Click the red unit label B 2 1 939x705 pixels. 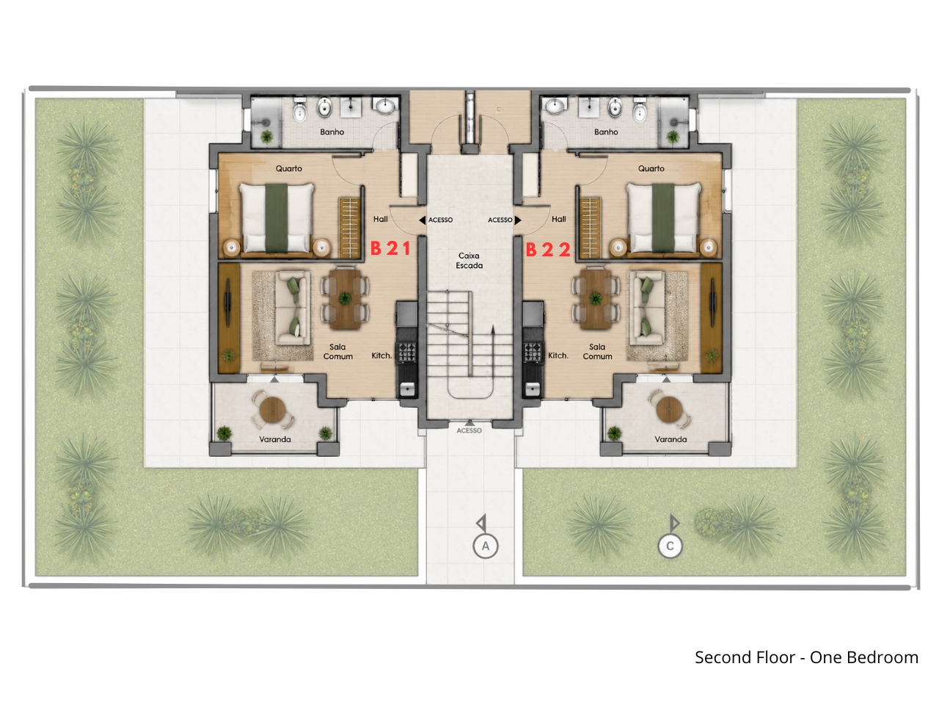(x=390, y=248)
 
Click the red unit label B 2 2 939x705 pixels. (x=548, y=250)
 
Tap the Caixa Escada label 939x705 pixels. (x=469, y=260)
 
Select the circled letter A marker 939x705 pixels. (x=485, y=546)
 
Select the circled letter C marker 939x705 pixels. (x=670, y=546)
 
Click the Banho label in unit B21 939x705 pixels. (x=332, y=132)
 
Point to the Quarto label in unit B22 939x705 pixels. (x=651, y=169)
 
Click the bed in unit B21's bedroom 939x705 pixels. (x=277, y=218)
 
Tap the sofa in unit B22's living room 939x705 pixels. (x=646, y=308)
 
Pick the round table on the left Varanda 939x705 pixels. (x=272, y=410)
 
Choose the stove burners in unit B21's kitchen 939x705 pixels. (x=406, y=352)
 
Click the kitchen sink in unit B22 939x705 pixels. (x=532, y=389)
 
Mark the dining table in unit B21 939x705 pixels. (x=345, y=298)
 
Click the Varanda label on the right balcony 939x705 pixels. (x=671, y=439)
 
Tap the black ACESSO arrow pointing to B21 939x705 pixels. (x=423, y=220)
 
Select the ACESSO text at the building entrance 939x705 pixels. (x=469, y=430)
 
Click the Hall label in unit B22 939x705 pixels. (x=559, y=219)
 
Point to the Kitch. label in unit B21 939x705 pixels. (x=381, y=355)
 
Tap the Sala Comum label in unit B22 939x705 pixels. (x=597, y=352)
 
